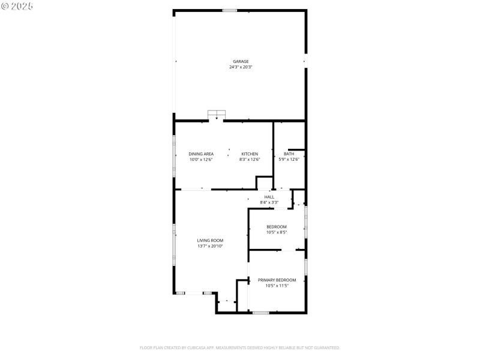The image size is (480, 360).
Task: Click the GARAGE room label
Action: (241, 61)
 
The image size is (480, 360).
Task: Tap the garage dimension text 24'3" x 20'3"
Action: (241, 67)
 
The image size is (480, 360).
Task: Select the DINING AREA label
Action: (201, 154)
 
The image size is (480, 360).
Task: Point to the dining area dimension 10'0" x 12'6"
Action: (201, 160)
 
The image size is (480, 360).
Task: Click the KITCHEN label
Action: (250, 154)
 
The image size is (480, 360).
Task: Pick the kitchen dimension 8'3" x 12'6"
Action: (250, 160)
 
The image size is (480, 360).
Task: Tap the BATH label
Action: (289, 154)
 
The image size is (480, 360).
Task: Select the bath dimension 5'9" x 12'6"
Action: (289, 160)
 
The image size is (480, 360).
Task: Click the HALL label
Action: (269, 197)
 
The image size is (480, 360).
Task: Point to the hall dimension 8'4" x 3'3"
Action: (269, 203)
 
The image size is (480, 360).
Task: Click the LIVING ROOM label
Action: (210, 240)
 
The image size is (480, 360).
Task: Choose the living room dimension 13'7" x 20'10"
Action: (210, 246)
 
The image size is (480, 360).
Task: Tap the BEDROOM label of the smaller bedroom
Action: (277, 226)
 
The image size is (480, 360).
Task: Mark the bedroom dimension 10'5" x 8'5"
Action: (277, 232)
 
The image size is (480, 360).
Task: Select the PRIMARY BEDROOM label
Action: (277, 280)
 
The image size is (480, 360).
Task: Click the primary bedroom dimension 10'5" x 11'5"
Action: (277, 286)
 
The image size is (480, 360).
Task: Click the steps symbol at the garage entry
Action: (217, 115)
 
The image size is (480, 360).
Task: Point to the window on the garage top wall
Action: (229, 10)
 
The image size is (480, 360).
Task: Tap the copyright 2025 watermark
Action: (17, 6)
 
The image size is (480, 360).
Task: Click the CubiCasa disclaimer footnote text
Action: (240, 347)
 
